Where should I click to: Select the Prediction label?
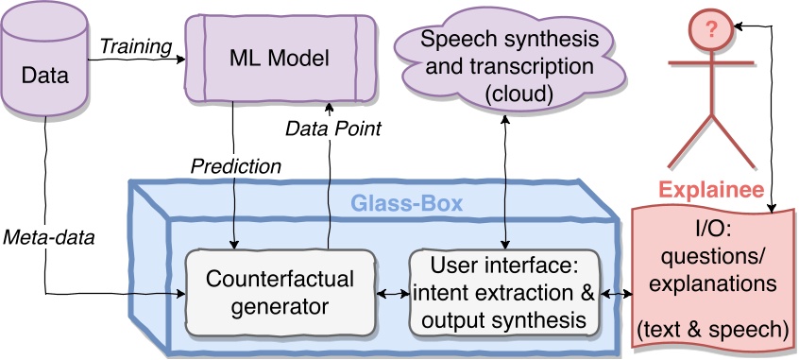pos(235,166)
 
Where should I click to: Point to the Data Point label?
pos(331,129)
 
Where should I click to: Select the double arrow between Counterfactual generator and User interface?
pos(392,295)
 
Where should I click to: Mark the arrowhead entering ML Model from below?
pos(327,105)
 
